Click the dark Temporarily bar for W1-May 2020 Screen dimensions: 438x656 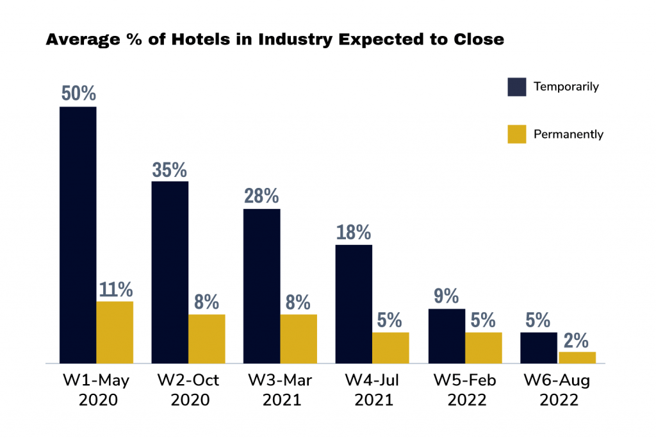(x=78, y=235)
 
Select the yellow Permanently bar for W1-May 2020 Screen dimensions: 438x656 (x=115, y=332)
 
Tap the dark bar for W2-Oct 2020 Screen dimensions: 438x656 (x=170, y=272)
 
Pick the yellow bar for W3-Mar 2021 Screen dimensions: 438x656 (x=299, y=339)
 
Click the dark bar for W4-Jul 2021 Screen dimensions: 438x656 (x=354, y=304)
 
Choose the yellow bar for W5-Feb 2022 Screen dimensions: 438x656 (x=484, y=348)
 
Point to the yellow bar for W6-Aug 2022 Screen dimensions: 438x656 (x=577, y=357)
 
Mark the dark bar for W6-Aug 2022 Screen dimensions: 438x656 (x=538, y=348)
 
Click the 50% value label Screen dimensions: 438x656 (x=79, y=94)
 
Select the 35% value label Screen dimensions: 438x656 (x=170, y=169)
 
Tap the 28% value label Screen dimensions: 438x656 (x=261, y=196)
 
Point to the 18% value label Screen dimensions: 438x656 (x=354, y=232)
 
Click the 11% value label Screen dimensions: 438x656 (x=115, y=289)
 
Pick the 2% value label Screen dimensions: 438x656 (x=577, y=340)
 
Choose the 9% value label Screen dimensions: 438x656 (x=446, y=296)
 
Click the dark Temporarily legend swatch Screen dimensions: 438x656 (x=516, y=87)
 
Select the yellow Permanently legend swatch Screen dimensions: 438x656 (x=516, y=134)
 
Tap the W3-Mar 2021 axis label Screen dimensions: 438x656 (x=280, y=390)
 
